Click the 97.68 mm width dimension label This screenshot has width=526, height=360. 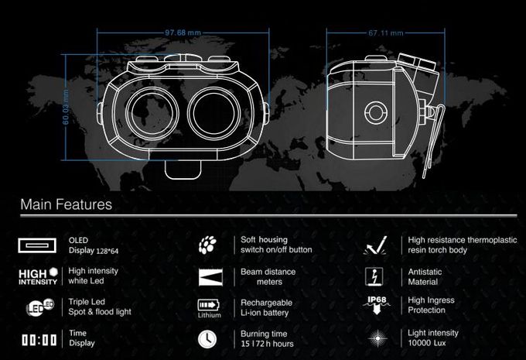[x=183, y=33]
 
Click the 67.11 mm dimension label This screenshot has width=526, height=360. [x=386, y=33]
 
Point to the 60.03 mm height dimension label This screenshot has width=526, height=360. [x=66, y=107]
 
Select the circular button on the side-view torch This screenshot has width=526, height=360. [x=376, y=112]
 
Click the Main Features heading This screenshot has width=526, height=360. [x=66, y=204]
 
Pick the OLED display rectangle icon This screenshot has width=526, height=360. [x=37, y=245]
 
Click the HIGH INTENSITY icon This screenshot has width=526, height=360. [x=38, y=276]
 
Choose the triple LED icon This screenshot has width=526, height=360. [x=40, y=307]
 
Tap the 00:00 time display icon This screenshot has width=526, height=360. [x=39, y=340]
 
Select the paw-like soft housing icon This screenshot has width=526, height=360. [x=207, y=245]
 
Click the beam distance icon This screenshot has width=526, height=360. [x=210, y=277]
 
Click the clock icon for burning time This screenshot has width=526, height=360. [x=207, y=339]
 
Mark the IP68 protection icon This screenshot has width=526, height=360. [x=377, y=305]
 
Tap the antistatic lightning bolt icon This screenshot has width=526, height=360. [x=374, y=277]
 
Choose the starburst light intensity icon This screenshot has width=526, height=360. [x=377, y=338]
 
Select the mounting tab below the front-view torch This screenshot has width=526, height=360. [x=183, y=170]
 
